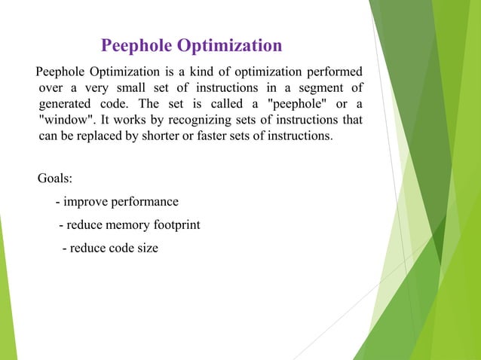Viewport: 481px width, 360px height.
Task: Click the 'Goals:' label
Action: click(55, 179)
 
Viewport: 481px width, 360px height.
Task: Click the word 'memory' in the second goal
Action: click(128, 224)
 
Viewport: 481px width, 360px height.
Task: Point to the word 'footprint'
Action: click(176, 224)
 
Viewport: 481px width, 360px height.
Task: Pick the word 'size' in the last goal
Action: click(146, 247)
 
